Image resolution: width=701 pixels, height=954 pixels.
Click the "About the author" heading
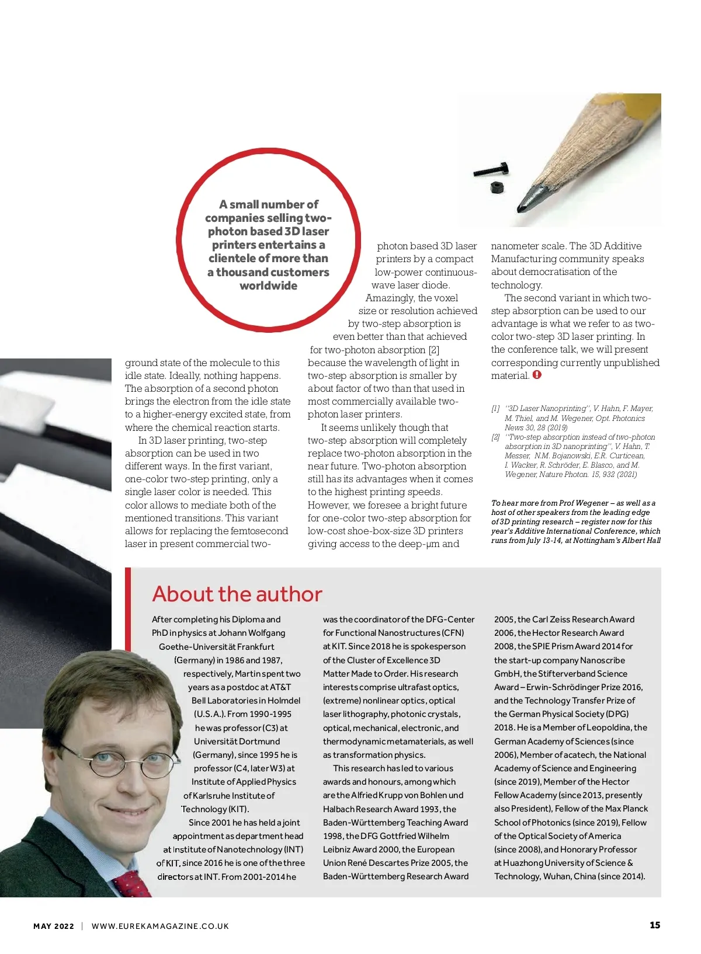(x=237, y=594)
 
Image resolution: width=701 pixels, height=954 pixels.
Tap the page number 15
(x=655, y=925)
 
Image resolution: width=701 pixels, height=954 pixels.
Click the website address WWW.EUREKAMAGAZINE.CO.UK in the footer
(x=160, y=926)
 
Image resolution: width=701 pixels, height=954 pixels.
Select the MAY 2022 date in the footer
(x=54, y=926)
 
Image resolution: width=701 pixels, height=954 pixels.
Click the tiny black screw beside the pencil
(x=490, y=170)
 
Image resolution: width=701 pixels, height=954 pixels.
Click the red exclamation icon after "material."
(x=537, y=375)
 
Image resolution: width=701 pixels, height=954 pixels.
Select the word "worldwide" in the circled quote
(x=268, y=285)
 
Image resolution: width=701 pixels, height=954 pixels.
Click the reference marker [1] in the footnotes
(x=495, y=409)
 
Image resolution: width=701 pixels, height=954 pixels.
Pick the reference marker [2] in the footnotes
(x=495, y=437)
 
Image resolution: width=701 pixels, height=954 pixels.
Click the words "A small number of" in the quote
(x=268, y=204)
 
